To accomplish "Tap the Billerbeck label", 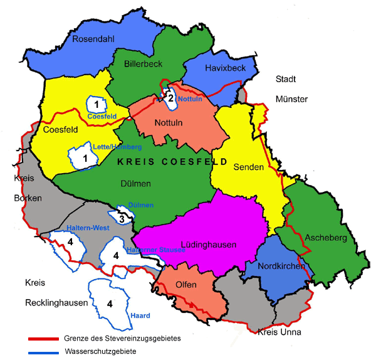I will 143,64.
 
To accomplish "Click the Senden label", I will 245,167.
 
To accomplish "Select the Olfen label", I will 186,285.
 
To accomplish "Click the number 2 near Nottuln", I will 170,97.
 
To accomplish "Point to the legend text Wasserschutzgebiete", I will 100,352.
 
